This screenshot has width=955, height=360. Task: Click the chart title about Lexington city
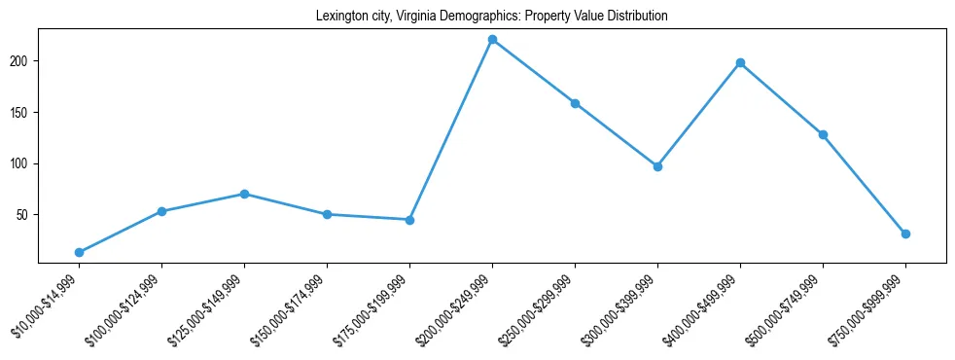click(x=491, y=17)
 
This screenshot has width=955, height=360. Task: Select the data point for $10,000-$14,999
click(x=79, y=252)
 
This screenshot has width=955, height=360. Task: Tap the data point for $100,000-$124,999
click(x=161, y=211)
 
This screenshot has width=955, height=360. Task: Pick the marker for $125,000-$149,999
click(x=244, y=194)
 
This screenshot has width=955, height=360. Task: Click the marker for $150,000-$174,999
click(x=327, y=214)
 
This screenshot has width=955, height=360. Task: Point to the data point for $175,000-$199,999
click(x=409, y=220)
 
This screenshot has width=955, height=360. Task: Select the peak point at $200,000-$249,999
click(x=492, y=40)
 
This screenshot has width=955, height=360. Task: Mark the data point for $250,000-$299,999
click(x=575, y=103)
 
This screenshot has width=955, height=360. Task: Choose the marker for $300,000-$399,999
click(x=657, y=166)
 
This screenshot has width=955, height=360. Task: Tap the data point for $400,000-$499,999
click(x=740, y=63)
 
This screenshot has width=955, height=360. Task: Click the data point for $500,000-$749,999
click(x=823, y=134)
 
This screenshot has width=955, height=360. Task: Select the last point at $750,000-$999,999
click(x=905, y=234)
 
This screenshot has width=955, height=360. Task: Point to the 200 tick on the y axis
click(x=22, y=61)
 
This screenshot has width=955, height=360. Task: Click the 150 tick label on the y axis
click(x=22, y=112)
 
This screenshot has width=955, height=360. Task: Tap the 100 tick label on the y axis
click(x=22, y=163)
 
